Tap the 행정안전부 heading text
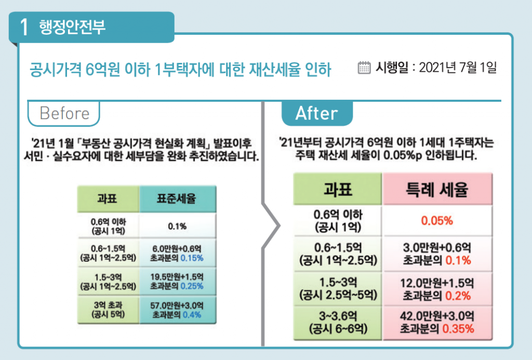click(72, 27)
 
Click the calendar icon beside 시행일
click(364, 68)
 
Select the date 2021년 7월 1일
click(457, 68)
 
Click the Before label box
click(64, 113)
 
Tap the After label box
click(316, 113)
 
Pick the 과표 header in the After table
click(338, 190)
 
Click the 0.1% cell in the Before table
click(177, 226)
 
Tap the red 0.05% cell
click(437, 220)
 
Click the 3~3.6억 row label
click(338, 322)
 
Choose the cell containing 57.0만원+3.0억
click(178, 310)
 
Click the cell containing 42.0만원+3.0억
click(437, 322)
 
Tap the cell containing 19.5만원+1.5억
click(178, 281)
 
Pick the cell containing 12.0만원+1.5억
click(437, 289)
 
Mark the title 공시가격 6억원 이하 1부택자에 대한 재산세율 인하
click(180, 69)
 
